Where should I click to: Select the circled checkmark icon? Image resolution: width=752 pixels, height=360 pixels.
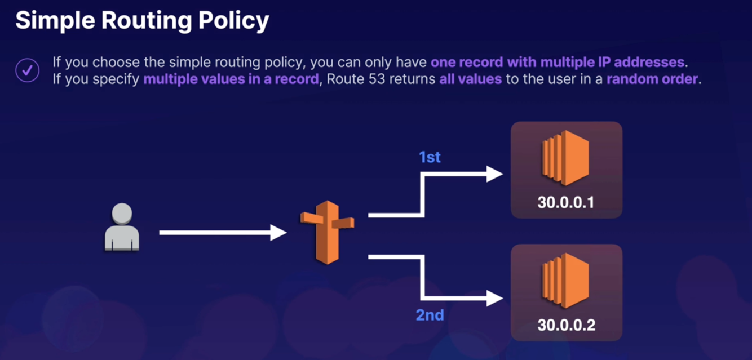click(x=27, y=71)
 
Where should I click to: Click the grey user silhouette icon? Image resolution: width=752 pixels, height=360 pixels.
click(x=122, y=227)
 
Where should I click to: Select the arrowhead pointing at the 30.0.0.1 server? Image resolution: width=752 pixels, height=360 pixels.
click(x=494, y=174)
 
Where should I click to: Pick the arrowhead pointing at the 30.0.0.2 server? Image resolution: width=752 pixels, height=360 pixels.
click(x=494, y=298)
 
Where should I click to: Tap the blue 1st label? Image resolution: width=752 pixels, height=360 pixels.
click(x=430, y=157)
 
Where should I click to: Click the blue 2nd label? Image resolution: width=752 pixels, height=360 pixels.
click(x=430, y=315)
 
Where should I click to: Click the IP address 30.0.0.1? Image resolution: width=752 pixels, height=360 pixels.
click(x=565, y=202)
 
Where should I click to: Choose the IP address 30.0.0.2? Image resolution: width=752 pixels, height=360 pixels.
click(x=565, y=325)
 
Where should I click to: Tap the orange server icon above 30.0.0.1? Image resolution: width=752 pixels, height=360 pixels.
click(x=565, y=158)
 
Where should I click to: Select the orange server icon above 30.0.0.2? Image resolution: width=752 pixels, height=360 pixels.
click(x=565, y=281)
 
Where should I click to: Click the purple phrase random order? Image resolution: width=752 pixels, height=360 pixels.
click(x=652, y=79)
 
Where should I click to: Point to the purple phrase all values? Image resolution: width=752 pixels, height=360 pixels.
click(x=470, y=79)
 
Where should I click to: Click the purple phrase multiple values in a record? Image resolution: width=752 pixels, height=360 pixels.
click(x=231, y=79)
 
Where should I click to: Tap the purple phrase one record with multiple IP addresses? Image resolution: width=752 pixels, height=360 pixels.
click(x=557, y=62)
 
